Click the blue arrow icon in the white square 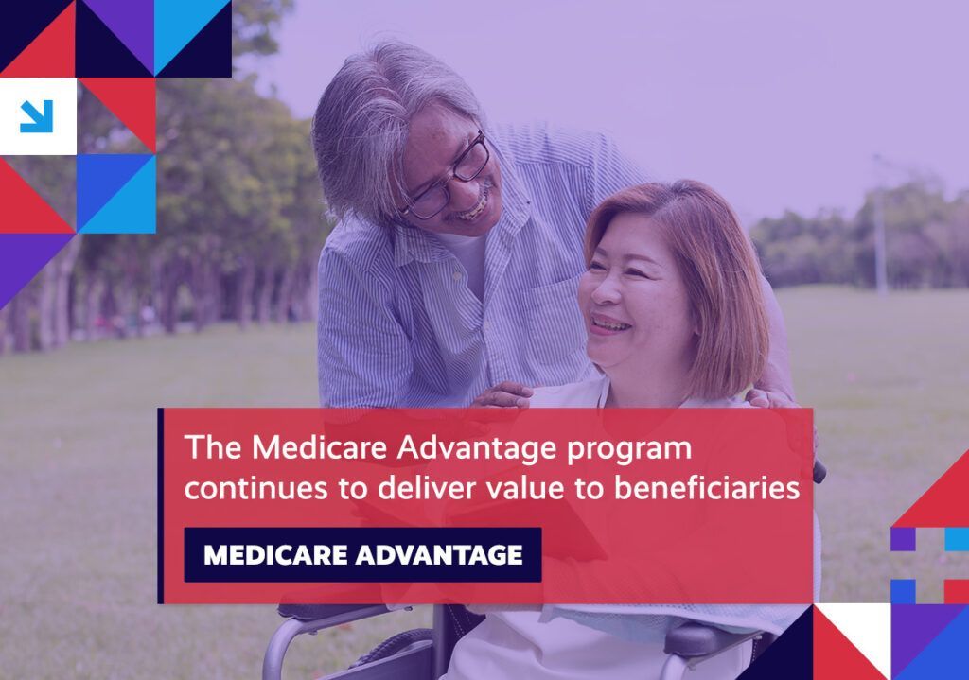pos(37,116)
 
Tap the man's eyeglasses pos(448,179)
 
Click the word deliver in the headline pos(427,488)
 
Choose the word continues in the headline pos(255,489)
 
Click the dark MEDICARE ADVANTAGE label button pos(362,554)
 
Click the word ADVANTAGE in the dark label pos(439,555)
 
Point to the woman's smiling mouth pos(609,324)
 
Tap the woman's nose pos(604,290)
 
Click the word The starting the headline pos(213,447)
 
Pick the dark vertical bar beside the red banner pos(161,506)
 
